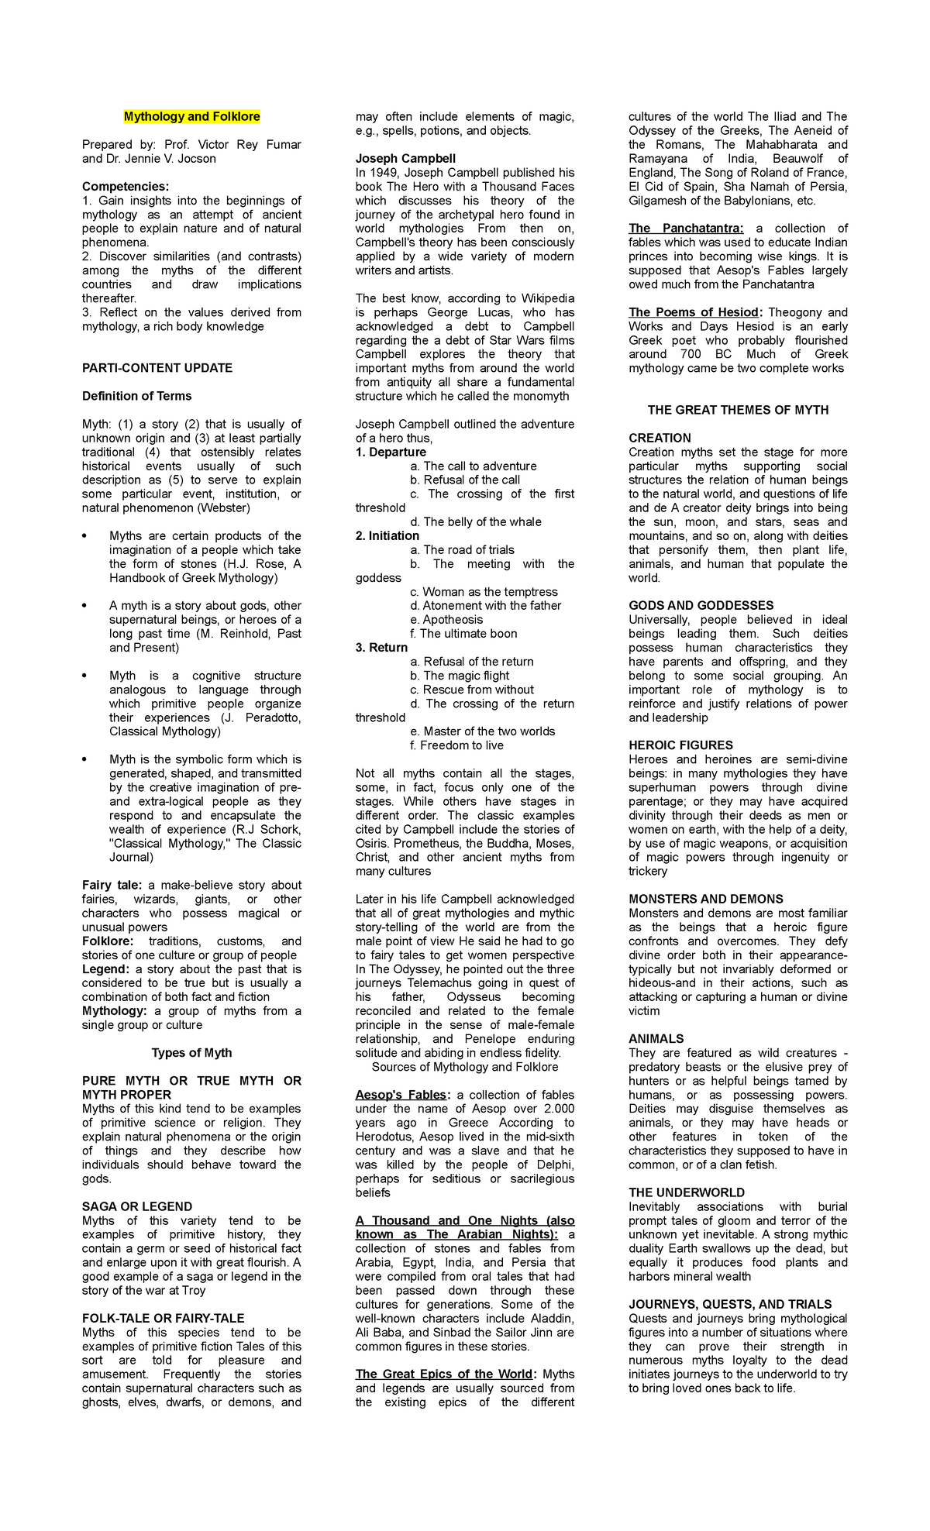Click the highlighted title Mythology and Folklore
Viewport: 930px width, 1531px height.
coord(191,117)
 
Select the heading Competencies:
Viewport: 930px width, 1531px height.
coord(126,187)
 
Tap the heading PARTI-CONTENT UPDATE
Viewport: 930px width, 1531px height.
coord(157,368)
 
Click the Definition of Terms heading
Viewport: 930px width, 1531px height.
coord(136,396)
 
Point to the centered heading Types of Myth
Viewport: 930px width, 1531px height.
coord(191,1053)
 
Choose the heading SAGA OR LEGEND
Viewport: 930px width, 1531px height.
coord(137,1206)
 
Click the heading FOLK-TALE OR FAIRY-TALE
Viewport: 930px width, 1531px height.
coord(163,1318)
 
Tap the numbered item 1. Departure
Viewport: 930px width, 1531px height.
coord(391,452)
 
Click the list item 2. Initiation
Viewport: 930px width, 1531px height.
coord(387,536)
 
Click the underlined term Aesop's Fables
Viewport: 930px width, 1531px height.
coord(401,1095)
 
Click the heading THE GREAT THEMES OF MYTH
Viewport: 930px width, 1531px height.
coord(738,410)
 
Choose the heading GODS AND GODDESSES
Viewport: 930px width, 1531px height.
coord(701,606)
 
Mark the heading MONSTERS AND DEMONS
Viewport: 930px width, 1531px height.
coord(705,899)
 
